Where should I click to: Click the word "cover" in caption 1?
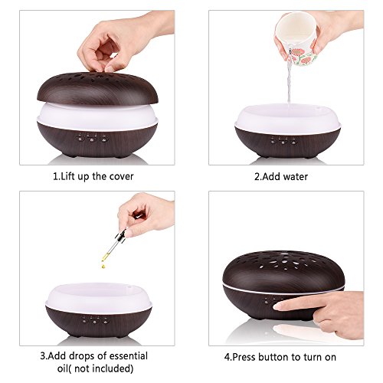click(121, 177)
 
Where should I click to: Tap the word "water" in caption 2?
click(296, 177)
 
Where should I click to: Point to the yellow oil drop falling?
click(103, 266)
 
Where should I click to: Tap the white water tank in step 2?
click(288, 119)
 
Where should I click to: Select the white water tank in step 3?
click(99, 297)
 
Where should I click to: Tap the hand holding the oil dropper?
click(146, 214)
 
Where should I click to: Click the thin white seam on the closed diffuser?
click(283, 290)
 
